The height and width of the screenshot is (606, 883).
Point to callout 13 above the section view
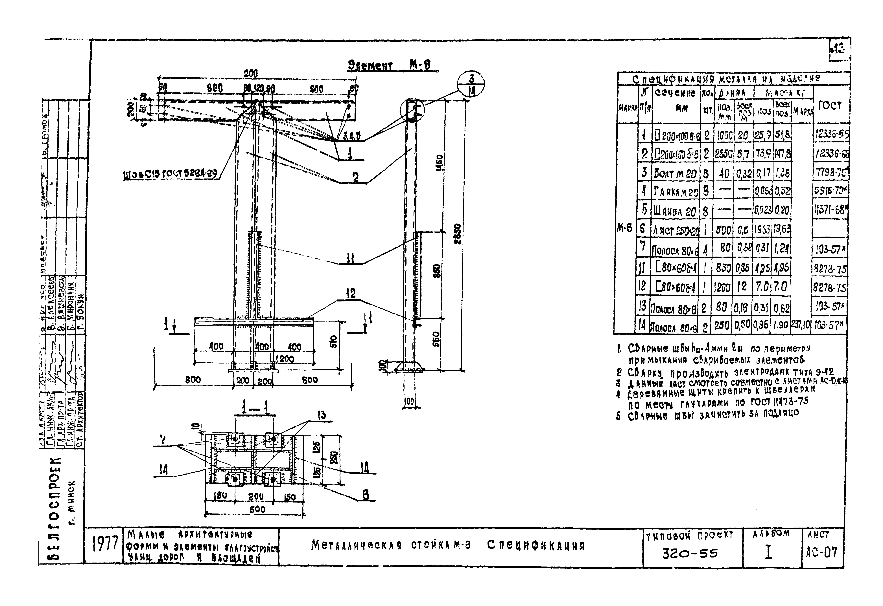322,415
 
